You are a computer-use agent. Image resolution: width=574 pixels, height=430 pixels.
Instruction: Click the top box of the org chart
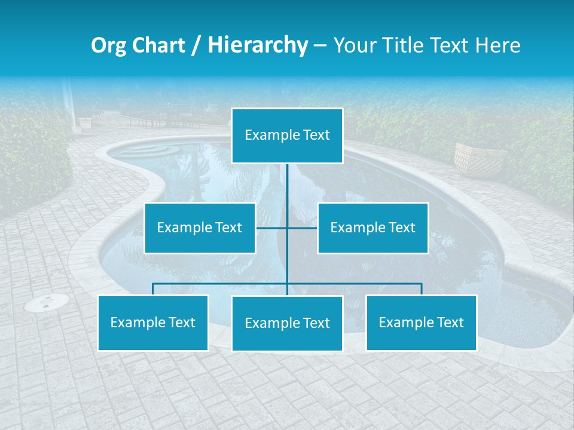(x=287, y=136)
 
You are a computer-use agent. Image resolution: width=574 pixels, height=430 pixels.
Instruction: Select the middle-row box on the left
(x=200, y=228)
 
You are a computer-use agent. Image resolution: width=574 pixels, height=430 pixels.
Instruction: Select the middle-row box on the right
(x=373, y=228)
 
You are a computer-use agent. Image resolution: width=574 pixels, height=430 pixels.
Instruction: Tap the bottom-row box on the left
(x=153, y=322)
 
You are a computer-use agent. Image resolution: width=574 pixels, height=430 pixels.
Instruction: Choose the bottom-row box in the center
(x=287, y=323)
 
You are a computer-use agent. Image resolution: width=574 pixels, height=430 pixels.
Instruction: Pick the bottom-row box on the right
(x=421, y=322)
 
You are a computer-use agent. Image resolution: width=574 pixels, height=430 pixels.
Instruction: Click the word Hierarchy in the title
(x=258, y=45)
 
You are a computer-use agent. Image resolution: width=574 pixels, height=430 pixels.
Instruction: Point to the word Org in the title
(x=109, y=45)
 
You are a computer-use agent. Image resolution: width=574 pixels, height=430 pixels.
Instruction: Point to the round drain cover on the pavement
(x=47, y=303)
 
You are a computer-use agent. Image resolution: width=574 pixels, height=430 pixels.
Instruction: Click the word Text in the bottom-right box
(x=450, y=322)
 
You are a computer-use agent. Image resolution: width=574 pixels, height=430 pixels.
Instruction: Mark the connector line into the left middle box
(x=271, y=228)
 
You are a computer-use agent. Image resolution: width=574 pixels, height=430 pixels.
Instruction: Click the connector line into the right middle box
(x=303, y=228)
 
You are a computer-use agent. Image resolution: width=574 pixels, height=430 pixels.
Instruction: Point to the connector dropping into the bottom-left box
(x=153, y=289)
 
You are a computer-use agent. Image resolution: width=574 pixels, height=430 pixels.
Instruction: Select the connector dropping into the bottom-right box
(x=422, y=289)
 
